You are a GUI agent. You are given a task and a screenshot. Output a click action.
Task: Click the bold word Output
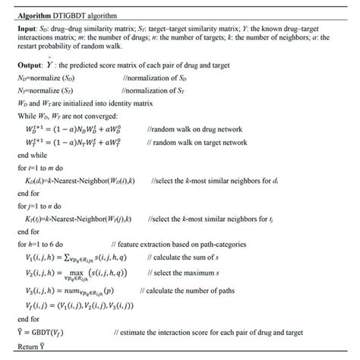28,66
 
